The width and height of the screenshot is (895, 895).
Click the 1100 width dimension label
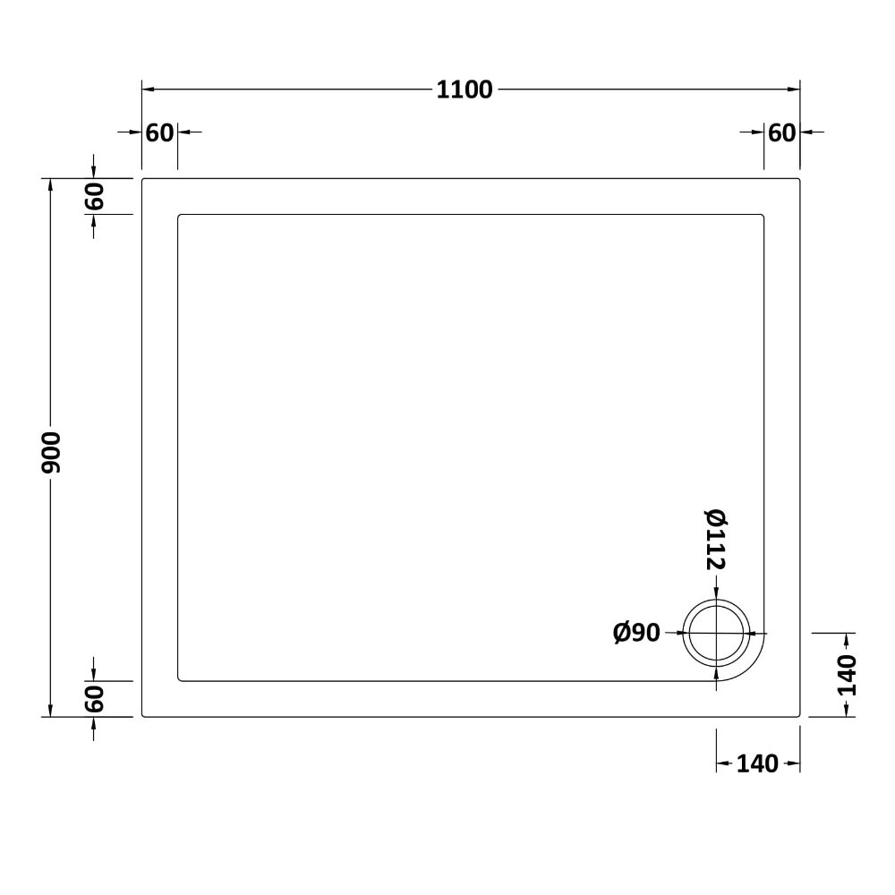pyautogui.click(x=464, y=90)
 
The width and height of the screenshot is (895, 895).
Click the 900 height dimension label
pyautogui.click(x=51, y=453)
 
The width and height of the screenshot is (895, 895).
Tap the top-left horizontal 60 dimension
pyautogui.click(x=159, y=133)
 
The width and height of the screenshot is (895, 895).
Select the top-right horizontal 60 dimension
pyautogui.click(x=781, y=133)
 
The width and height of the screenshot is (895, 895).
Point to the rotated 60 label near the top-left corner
pyautogui.click(x=95, y=196)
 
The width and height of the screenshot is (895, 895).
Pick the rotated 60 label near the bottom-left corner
pyautogui.click(x=95, y=699)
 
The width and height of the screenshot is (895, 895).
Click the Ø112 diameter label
pyautogui.click(x=716, y=540)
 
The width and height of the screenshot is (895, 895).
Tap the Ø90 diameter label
pyautogui.click(x=636, y=633)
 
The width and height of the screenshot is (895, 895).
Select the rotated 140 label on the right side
pyautogui.click(x=847, y=675)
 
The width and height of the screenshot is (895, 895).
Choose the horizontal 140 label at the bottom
pyautogui.click(x=757, y=763)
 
